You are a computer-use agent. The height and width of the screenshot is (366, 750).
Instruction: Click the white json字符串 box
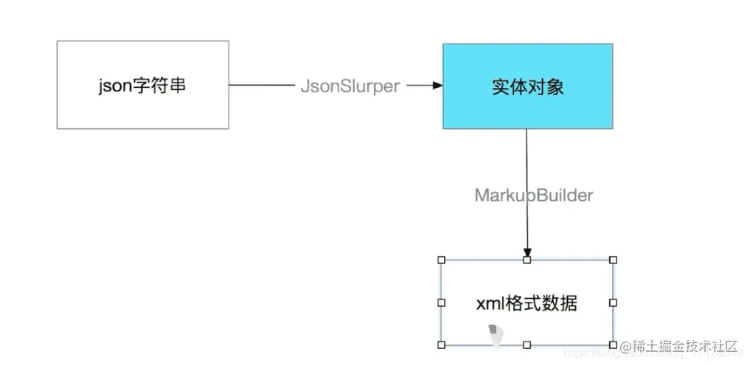pyautogui.click(x=142, y=85)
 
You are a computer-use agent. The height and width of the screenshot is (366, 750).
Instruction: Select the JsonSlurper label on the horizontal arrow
pyautogui.click(x=350, y=86)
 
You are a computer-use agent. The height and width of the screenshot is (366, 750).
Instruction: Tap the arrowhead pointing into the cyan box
pyautogui.click(x=437, y=86)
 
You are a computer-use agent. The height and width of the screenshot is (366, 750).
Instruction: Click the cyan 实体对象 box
pyautogui.click(x=527, y=86)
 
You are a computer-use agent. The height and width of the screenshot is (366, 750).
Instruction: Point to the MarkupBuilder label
pyautogui.click(x=533, y=196)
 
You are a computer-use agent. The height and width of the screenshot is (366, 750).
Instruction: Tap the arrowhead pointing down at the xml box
pyautogui.click(x=527, y=252)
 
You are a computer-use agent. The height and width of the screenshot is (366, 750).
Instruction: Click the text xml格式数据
pyautogui.click(x=527, y=303)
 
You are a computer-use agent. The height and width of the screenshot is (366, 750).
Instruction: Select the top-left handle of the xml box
pyautogui.click(x=442, y=260)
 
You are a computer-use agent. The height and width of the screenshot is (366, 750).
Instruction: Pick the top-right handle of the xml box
pyautogui.click(x=613, y=260)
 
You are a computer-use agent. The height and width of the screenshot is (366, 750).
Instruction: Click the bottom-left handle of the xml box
pyautogui.click(x=442, y=345)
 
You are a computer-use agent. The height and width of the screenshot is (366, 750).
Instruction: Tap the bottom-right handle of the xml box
pyautogui.click(x=613, y=345)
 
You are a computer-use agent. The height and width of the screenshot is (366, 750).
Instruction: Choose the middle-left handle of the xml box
pyautogui.click(x=442, y=303)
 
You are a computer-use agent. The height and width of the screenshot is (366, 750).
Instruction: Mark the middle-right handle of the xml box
pyautogui.click(x=613, y=303)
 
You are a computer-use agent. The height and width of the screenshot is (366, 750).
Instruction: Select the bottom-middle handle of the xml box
pyautogui.click(x=527, y=345)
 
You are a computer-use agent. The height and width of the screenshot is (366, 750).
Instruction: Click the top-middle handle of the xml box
pyautogui.click(x=527, y=260)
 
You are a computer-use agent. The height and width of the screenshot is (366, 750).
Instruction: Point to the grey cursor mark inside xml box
pyautogui.click(x=496, y=335)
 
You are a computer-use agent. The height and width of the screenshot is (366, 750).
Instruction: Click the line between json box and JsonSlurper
pyautogui.click(x=261, y=86)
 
